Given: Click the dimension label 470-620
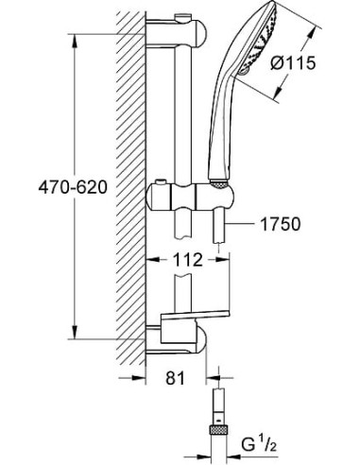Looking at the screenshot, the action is click(x=73, y=188).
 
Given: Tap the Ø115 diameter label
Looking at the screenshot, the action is click(x=293, y=63).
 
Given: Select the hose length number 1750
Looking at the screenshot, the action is click(x=280, y=224).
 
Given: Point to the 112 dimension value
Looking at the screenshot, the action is click(x=188, y=260).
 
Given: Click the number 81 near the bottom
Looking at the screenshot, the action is click(x=175, y=377).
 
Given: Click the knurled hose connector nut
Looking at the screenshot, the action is click(x=218, y=430).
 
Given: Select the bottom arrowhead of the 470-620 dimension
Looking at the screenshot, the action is click(x=75, y=332).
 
